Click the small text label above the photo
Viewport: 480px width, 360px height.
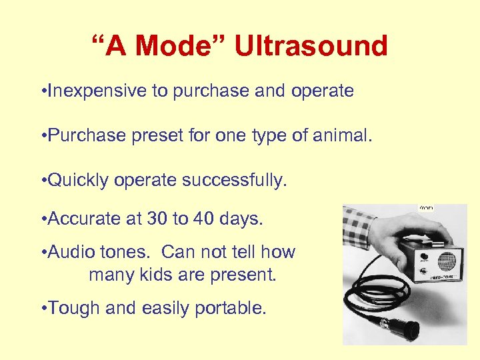pyautogui.click(x=426, y=208)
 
